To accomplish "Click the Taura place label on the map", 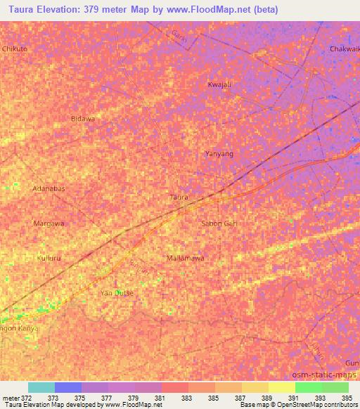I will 179,197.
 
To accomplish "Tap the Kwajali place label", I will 218,85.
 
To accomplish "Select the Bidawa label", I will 83,119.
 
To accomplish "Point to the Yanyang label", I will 218,153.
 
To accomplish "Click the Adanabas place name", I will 49,189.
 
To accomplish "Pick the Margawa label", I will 49,223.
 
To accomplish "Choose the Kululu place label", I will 49,258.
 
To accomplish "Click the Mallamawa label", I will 186,258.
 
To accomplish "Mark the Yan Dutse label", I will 117,292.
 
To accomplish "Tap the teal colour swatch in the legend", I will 41,387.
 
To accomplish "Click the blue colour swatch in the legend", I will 68,387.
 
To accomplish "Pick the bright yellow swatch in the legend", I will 282,387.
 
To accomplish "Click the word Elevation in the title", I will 68,10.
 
